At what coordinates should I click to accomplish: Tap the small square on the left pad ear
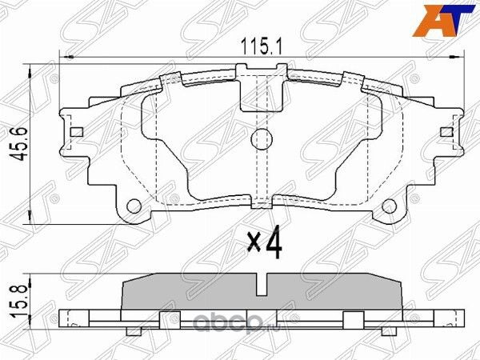pyautogui.click(x=77, y=133)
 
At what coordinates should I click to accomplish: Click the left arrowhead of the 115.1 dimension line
pyautogui.click(x=66, y=57)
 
